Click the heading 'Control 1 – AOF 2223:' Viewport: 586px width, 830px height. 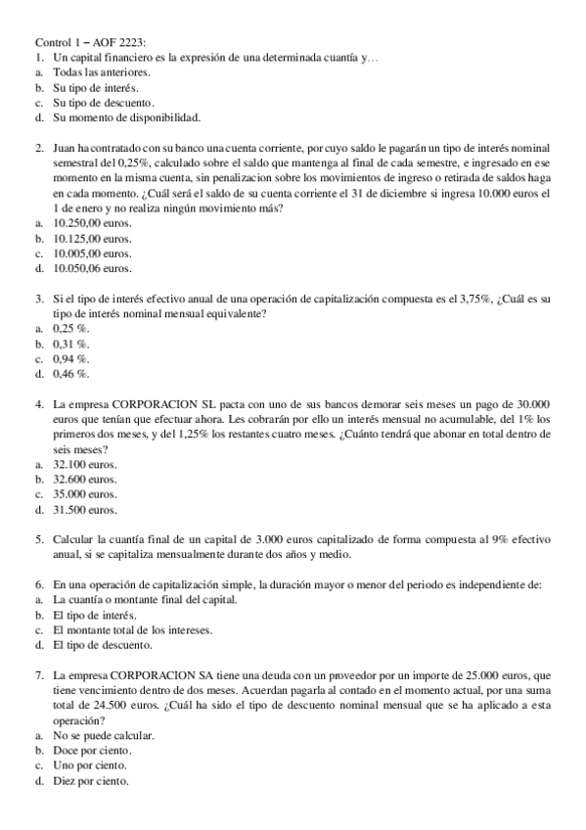pyautogui.click(x=91, y=43)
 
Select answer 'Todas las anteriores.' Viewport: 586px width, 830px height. pyautogui.click(x=102, y=73)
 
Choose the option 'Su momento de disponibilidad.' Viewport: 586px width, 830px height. pyautogui.click(x=127, y=117)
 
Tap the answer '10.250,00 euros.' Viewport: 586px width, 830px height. pyautogui.click(x=93, y=223)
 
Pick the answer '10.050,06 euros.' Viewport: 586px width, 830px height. pyautogui.click(x=93, y=267)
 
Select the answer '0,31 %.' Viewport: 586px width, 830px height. pyautogui.click(x=71, y=344)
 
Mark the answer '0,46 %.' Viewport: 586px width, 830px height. pyautogui.click(x=71, y=373)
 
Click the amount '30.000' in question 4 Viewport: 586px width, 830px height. pyautogui.click(x=533, y=404)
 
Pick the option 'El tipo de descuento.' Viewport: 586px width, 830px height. pyautogui.click(x=103, y=645)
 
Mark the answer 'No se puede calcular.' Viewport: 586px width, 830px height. pyautogui.click(x=104, y=735)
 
